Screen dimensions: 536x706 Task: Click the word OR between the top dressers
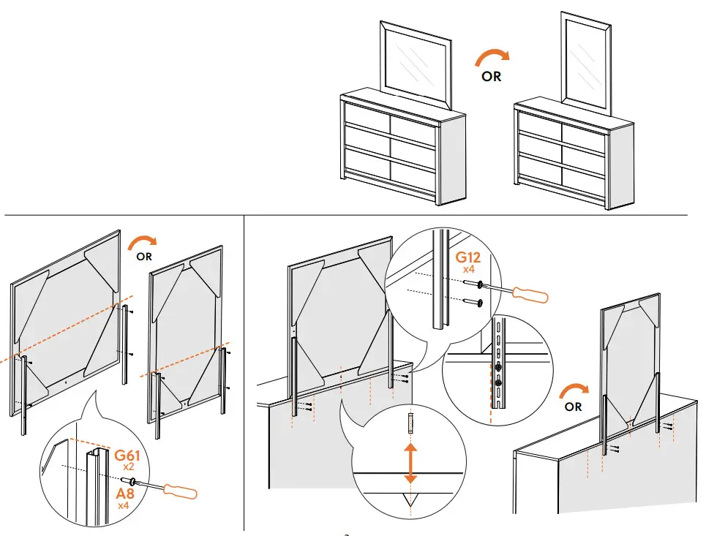pyautogui.click(x=492, y=76)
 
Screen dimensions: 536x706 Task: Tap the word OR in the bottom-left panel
pyautogui.click(x=145, y=257)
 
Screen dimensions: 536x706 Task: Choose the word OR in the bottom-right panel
pyautogui.click(x=574, y=407)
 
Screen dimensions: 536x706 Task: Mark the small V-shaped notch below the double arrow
pyautogui.click(x=410, y=499)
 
